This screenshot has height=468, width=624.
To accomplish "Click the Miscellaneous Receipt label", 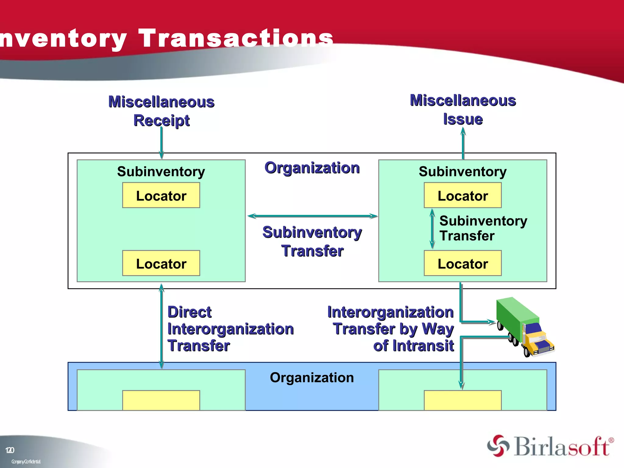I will [161, 111].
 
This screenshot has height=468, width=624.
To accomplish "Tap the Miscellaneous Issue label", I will [463, 110].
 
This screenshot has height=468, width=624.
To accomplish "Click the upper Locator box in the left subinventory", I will [161, 196].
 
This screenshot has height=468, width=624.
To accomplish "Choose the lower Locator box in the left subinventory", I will [161, 264].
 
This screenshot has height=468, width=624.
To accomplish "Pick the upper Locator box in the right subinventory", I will [463, 196].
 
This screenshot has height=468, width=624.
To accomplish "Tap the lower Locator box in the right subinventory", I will [463, 264].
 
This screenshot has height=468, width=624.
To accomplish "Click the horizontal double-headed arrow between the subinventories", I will [312, 216].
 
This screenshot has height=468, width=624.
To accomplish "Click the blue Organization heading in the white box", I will [312, 168].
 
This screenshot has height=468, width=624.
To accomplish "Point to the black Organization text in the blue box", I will [312, 378].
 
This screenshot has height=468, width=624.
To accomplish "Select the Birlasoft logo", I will [550, 446].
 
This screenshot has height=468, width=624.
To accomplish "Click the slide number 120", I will [10, 450].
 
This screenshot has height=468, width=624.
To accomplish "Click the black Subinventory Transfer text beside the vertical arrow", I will [483, 228].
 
